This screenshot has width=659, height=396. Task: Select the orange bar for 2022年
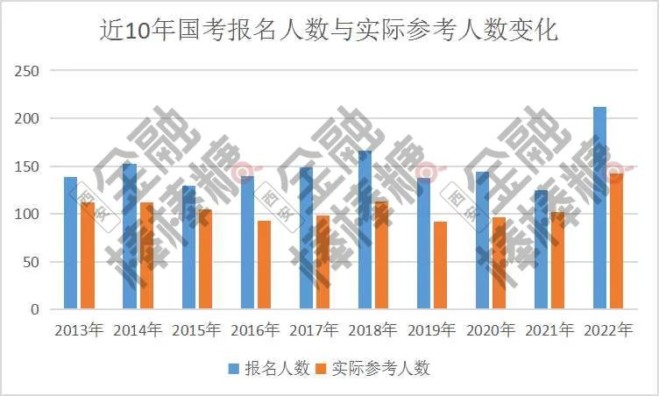(x=616, y=241)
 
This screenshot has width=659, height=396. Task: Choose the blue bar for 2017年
(x=306, y=237)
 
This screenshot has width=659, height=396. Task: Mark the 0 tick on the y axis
(x=34, y=309)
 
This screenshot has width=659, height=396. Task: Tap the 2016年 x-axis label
(x=255, y=330)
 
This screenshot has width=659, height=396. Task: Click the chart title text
(x=329, y=31)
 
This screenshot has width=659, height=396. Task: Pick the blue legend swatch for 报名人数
(x=234, y=369)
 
